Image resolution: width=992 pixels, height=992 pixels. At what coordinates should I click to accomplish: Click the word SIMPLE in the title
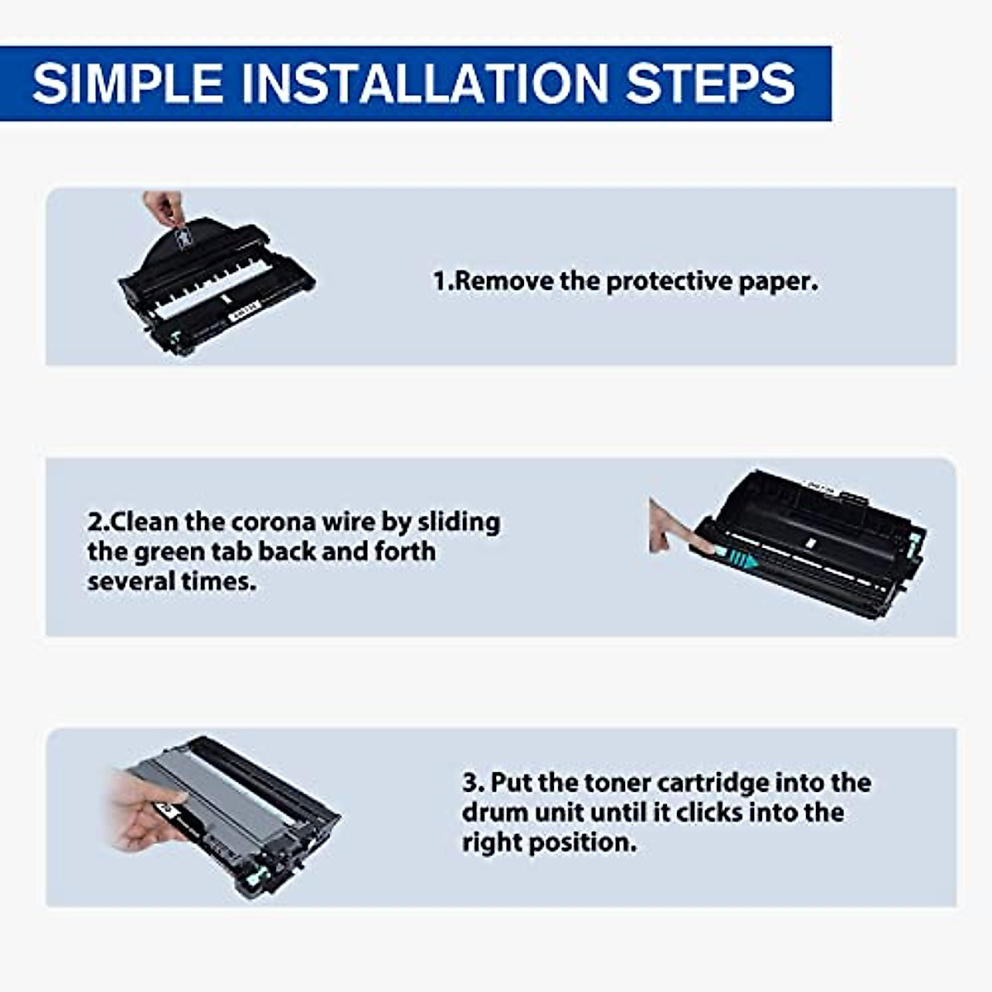pos(127,83)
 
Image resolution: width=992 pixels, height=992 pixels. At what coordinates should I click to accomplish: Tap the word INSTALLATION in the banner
pos(425,83)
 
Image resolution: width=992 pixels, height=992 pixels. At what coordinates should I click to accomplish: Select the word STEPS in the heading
pos(711,83)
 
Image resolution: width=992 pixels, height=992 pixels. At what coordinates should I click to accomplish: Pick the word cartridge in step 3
pos(713,784)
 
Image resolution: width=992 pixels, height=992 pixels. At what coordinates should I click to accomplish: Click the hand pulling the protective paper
pos(164,207)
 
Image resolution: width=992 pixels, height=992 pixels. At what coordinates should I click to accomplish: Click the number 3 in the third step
pos(470,783)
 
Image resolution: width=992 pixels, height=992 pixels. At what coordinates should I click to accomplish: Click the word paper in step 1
pos(778,282)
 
